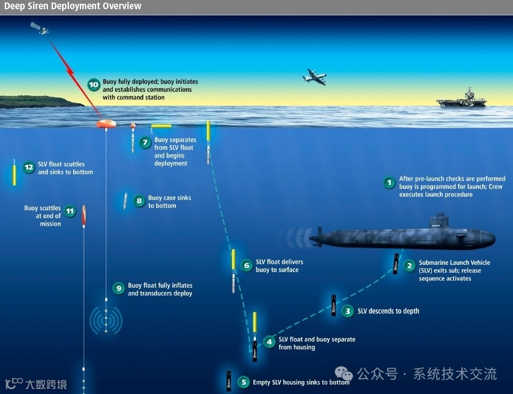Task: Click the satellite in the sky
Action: click(x=39, y=28)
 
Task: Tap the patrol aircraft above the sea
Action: click(x=314, y=77)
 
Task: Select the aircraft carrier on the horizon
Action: click(x=461, y=99)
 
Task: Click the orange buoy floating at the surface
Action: click(x=106, y=124)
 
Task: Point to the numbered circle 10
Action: click(x=93, y=85)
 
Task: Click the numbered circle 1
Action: click(x=389, y=183)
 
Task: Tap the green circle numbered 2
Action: click(x=409, y=266)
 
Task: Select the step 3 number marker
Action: click(x=348, y=311)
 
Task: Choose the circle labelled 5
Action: click(x=244, y=382)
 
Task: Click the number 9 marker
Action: click(x=118, y=288)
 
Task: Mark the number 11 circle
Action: click(x=70, y=211)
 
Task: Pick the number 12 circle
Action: click(x=28, y=167)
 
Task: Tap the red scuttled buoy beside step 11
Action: click(x=84, y=215)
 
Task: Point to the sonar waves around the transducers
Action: click(x=106, y=320)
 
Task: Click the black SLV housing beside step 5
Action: click(x=229, y=381)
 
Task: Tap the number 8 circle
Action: click(x=138, y=200)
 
